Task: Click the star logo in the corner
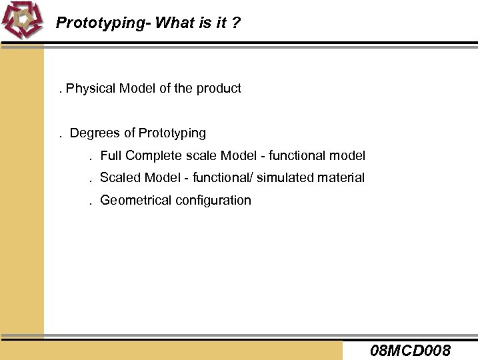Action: coord(22,21)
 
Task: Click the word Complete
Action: coord(151,156)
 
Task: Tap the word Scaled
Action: coord(118,178)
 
